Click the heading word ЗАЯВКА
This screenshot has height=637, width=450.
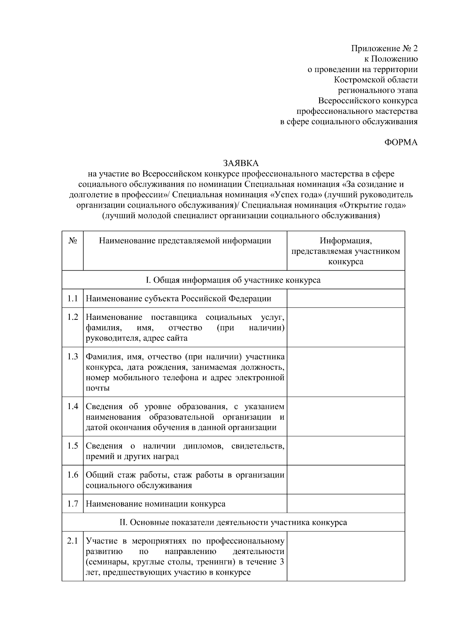[241, 163]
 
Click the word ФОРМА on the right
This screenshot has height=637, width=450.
[401, 142]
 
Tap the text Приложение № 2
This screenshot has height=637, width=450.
[384, 48]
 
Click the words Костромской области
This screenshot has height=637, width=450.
[376, 80]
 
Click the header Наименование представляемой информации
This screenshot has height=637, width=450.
[185, 241]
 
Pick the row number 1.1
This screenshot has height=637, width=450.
[73, 298]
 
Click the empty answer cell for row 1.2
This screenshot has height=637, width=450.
[345, 327]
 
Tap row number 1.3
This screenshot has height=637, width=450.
[73, 356]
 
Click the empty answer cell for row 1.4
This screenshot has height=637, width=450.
[345, 416]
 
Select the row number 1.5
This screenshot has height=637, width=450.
[73, 446]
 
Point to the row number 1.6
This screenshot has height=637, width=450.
[73, 475]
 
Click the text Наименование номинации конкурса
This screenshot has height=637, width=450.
[156, 504]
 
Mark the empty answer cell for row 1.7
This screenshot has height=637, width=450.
[345, 503]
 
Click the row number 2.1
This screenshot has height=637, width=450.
[73, 541]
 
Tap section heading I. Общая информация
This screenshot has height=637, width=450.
[233, 280]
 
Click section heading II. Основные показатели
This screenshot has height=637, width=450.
[233, 522]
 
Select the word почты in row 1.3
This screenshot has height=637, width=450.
[97, 388]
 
